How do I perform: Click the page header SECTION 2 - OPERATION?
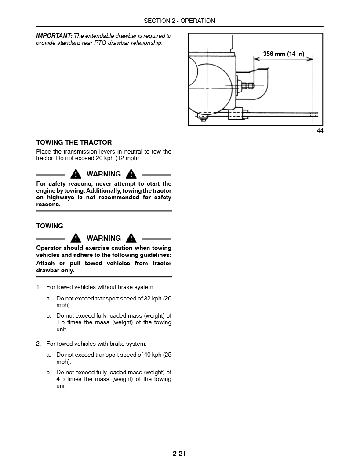(x=179, y=21)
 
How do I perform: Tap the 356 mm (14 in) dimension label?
(x=284, y=54)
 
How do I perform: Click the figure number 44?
(x=320, y=131)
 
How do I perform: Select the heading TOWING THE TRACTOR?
(x=74, y=143)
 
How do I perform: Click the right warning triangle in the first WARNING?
(x=131, y=174)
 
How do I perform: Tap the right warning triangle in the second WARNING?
(x=131, y=238)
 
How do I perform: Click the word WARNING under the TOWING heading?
(x=104, y=238)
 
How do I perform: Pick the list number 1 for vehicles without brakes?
(x=38, y=287)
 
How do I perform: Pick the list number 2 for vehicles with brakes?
(x=38, y=344)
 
